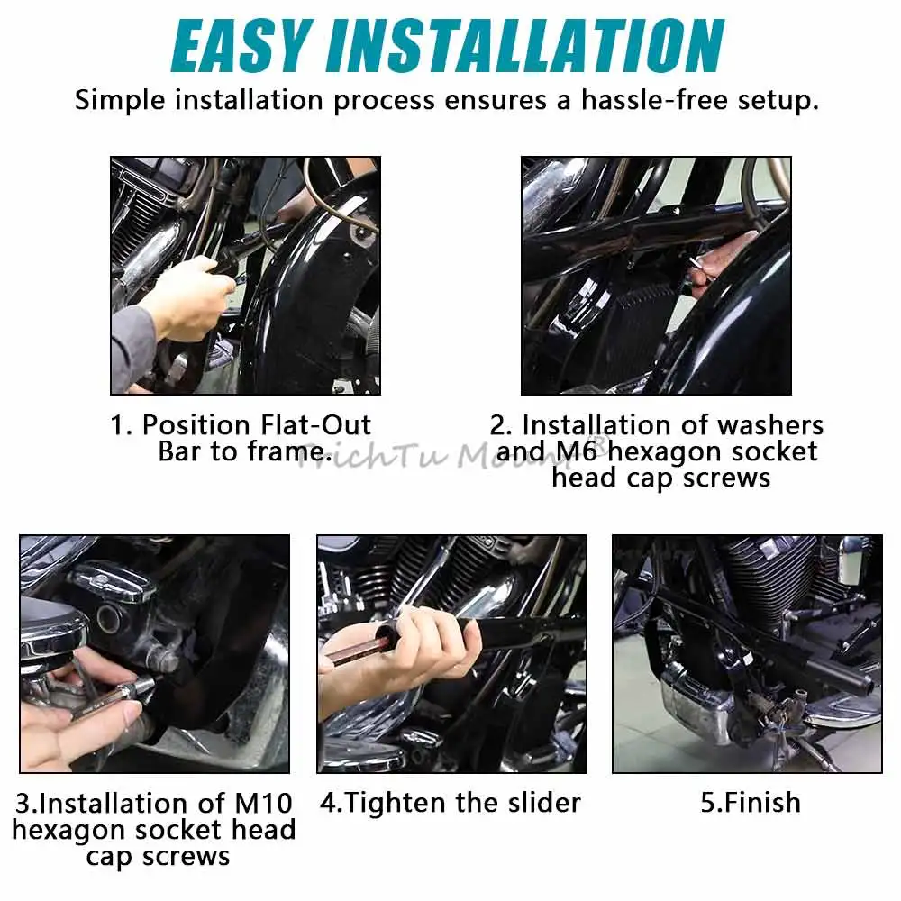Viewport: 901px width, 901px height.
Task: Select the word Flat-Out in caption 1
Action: click(315, 425)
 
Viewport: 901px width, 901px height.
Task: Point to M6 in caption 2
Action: click(577, 451)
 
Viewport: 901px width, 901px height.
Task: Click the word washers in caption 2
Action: click(770, 426)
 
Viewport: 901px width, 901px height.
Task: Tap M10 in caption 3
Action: click(264, 804)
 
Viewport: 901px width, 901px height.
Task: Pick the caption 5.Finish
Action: click(751, 803)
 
